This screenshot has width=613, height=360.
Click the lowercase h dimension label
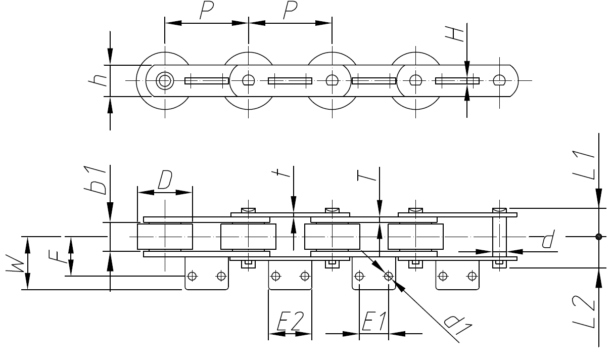[x=101, y=80]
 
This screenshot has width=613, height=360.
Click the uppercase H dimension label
[x=457, y=33]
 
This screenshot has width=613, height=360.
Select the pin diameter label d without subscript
[x=546, y=239]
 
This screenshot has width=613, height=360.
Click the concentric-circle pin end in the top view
[x=164, y=80]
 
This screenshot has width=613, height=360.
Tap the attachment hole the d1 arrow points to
[x=388, y=276]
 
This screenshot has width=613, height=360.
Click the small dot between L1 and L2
[x=598, y=237]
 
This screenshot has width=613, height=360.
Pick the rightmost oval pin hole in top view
[x=499, y=80]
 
